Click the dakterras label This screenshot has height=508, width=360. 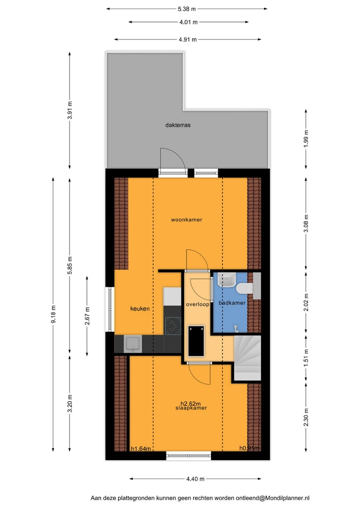178,125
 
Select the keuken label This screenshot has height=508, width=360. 140,309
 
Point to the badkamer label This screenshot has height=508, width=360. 232,303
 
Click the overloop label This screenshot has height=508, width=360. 197,304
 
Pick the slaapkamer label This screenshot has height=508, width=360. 191,408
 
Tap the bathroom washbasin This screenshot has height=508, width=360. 228,280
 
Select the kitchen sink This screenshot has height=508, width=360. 133,343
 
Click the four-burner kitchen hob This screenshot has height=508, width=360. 172,326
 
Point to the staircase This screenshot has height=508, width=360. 247,358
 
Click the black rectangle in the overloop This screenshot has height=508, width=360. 195,341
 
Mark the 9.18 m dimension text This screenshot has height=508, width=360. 53,315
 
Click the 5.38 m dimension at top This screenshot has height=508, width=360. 187,8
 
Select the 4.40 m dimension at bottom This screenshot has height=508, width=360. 195,479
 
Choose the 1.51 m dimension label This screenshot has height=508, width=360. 306,357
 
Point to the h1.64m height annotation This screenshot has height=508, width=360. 140,449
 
